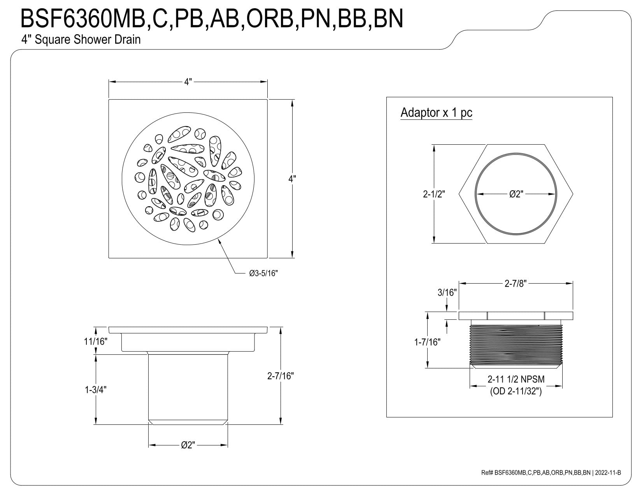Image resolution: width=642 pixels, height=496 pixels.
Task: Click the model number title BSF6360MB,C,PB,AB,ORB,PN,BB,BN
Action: point(212,19)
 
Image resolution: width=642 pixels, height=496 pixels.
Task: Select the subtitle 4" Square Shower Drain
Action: point(81,40)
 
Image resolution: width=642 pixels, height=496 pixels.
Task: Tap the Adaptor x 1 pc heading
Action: point(437,112)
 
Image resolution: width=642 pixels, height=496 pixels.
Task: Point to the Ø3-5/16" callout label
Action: point(263,273)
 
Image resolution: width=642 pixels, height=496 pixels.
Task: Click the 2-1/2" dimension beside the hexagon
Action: point(434,194)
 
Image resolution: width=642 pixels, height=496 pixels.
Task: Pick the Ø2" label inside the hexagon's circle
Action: point(516,194)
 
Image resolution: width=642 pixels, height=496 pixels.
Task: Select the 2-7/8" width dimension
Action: point(516,283)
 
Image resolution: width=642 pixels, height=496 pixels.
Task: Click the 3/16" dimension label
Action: point(447,293)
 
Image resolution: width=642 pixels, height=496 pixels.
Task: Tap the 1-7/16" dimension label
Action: point(427,342)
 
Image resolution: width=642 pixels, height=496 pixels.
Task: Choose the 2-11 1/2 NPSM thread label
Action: point(516,379)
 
